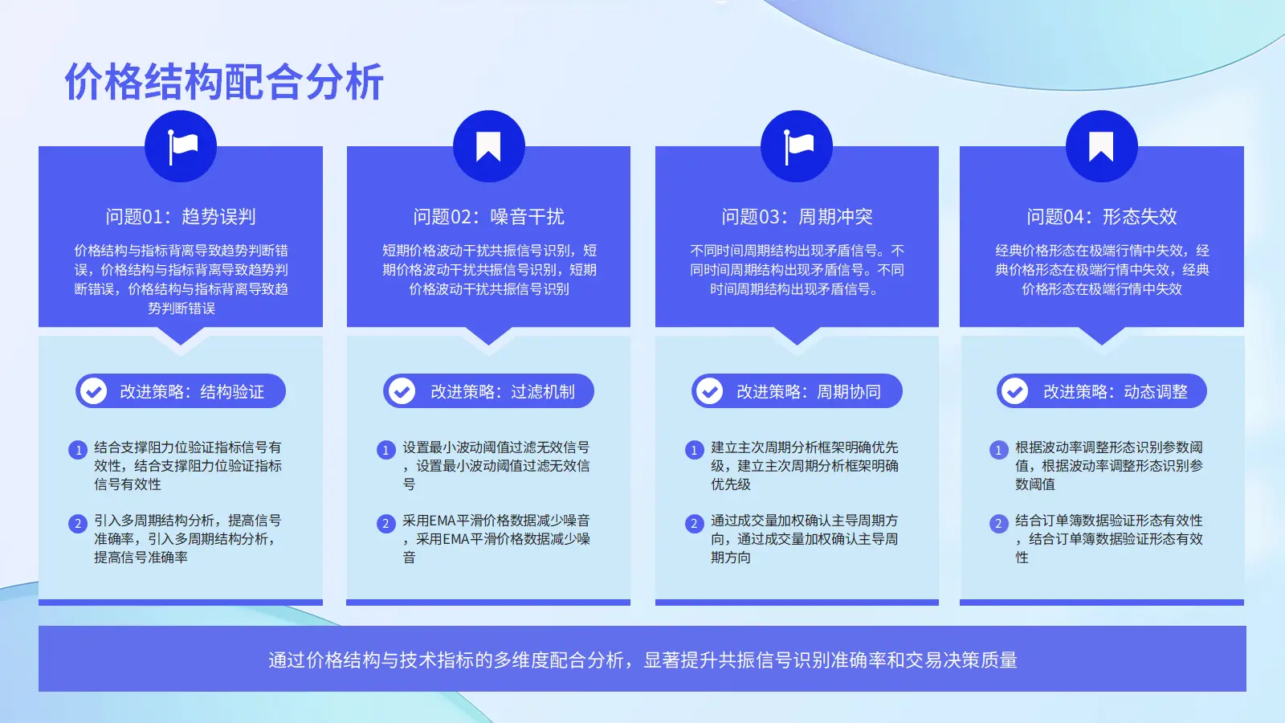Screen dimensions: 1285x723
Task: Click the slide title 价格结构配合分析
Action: [x=224, y=82]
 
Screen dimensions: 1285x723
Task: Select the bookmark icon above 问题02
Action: [x=489, y=146]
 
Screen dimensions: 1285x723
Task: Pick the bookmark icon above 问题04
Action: [x=1101, y=146]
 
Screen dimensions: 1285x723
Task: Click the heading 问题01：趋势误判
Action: [x=181, y=216]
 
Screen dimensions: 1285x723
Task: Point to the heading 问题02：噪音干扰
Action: [x=489, y=216]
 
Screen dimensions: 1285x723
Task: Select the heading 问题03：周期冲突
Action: [x=797, y=216]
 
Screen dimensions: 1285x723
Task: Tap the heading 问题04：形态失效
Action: [x=1101, y=216]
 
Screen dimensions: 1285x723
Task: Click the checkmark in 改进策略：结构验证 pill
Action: [x=93, y=391]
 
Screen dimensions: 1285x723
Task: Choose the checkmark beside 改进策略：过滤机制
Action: [x=402, y=391]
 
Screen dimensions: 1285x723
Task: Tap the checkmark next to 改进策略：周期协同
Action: [x=710, y=391]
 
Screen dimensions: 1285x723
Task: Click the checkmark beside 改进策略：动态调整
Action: [x=1015, y=391]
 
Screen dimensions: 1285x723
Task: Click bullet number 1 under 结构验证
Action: [x=78, y=450]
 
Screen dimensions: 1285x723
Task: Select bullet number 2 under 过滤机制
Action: [x=386, y=523]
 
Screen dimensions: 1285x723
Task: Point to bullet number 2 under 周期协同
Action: [x=694, y=523]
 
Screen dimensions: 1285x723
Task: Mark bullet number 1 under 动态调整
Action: [x=999, y=450]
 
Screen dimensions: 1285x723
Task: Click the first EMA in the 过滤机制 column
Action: [x=443, y=521]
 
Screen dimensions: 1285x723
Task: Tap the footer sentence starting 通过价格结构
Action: [x=642, y=660]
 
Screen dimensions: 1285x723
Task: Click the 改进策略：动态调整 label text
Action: [x=1116, y=391]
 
